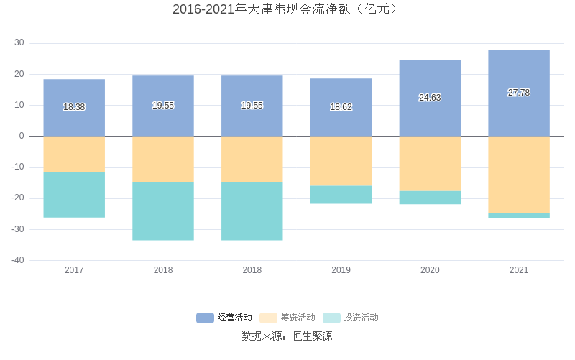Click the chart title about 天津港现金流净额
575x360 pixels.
(x=287, y=9)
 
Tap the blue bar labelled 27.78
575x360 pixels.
(x=519, y=72)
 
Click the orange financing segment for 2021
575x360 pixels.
(x=519, y=175)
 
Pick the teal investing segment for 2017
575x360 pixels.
(x=74, y=195)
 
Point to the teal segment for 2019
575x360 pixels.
(x=341, y=195)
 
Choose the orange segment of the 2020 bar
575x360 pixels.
(x=430, y=164)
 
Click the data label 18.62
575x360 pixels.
(x=341, y=107)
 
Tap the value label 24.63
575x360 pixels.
(x=430, y=98)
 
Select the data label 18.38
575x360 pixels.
(x=74, y=107)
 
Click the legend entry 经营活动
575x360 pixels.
(x=224, y=318)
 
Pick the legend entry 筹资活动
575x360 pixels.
(x=287, y=318)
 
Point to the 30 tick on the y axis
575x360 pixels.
(x=19, y=43)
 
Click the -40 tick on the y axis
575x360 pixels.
(x=18, y=260)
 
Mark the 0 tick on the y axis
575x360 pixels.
(x=22, y=136)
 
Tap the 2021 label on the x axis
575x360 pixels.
(x=519, y=270)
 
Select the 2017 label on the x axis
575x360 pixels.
(x=74, y=270)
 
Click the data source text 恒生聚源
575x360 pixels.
(x=312, y=336)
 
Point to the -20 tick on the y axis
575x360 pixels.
(x=18, y=198)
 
